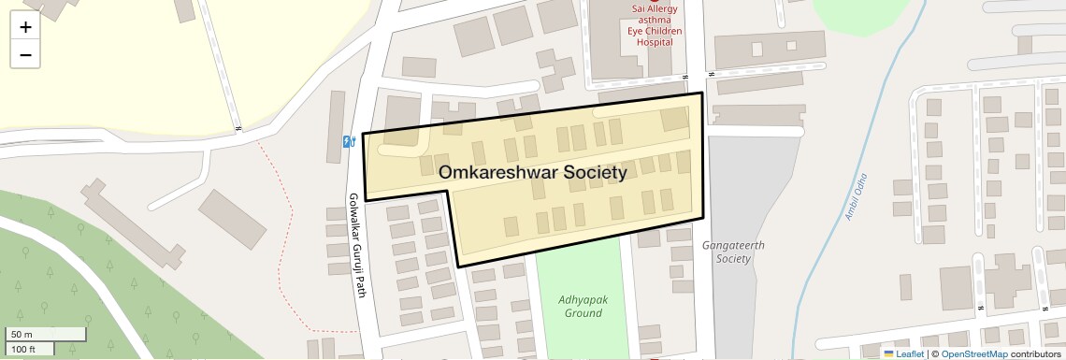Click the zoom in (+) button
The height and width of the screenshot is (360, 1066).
25,27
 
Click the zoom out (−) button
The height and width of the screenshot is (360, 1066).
25,54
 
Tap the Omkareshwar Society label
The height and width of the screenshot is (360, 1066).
533,173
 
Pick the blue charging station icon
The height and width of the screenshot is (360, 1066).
350,141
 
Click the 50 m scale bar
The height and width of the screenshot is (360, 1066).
46,334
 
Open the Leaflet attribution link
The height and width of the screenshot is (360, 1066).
910,353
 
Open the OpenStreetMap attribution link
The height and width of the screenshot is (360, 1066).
974,353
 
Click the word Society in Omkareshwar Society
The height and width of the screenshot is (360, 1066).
588,173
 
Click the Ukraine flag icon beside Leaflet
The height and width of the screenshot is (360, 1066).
888,353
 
